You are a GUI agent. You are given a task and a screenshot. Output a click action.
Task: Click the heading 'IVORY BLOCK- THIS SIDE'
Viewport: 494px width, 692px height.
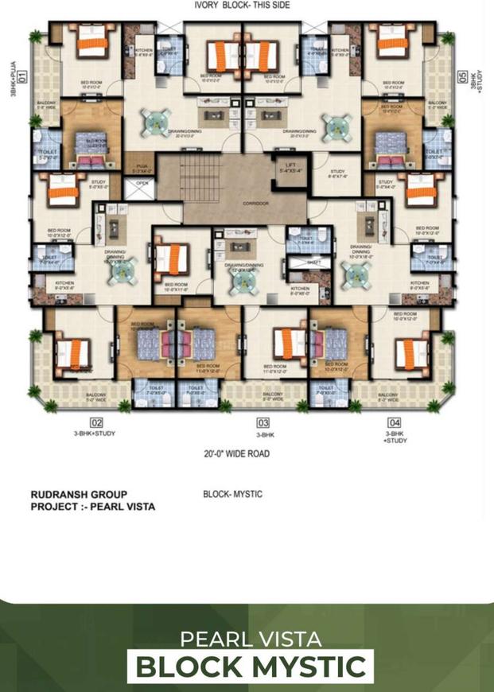[243, 6]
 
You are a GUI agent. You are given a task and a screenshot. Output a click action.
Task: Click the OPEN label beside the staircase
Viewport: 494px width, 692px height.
[142, 183]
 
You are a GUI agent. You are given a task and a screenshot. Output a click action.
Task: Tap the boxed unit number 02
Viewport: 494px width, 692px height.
[97, 422]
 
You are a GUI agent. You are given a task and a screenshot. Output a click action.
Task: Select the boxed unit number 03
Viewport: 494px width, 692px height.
[263, 422]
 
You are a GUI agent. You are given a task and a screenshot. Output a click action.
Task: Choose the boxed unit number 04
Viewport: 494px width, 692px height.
[394, 422]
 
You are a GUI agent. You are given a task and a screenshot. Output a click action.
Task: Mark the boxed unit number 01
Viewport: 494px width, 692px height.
[23, 77]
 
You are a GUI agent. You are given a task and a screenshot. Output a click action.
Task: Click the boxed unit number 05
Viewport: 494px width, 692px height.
[461, 77]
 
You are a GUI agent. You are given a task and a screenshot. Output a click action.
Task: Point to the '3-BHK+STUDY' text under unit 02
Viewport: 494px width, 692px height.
[97, 435]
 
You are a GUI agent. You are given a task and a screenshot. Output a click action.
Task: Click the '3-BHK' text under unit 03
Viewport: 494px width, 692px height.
[263, 435]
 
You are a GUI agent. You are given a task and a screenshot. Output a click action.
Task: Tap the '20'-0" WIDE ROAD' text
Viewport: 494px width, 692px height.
[236, 454]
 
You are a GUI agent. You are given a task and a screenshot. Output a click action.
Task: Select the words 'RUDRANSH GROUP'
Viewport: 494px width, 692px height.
[78, 495]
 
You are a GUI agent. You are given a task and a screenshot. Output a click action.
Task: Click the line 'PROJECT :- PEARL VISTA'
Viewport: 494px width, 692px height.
[92, 507]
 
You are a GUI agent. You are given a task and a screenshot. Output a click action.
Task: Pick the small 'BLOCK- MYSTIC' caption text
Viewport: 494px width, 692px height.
[232, 494]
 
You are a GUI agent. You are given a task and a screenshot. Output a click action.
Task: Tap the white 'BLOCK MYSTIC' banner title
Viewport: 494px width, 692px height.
[251, 666]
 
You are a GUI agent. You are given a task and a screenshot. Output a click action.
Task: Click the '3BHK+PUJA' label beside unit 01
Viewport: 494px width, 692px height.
[13, 80]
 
